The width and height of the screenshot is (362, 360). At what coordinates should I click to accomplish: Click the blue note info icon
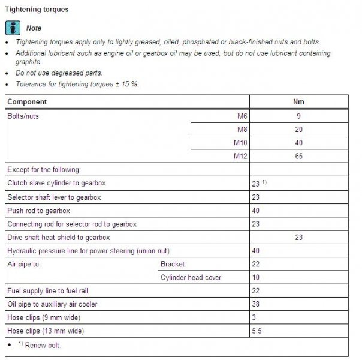tap(11, 28)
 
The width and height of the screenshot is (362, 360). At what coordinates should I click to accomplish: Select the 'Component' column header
tap(27, 102)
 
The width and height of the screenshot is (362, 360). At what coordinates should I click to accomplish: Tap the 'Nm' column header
tap(299, 102)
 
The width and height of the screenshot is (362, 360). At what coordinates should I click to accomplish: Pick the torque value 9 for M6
tap(298, 116)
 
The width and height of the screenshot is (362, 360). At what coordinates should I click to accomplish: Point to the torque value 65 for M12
tap(298, 157)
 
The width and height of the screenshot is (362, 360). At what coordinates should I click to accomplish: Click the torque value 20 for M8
tap(298, 130)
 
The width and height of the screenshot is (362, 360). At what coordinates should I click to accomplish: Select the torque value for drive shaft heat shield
tap(299, 238)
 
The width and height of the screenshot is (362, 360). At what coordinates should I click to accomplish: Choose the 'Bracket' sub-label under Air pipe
tap(173, 264)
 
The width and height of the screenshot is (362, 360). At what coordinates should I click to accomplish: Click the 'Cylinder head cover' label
tap(191, 277)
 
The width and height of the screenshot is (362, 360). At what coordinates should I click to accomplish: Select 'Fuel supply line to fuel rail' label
tap(50, 291)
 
